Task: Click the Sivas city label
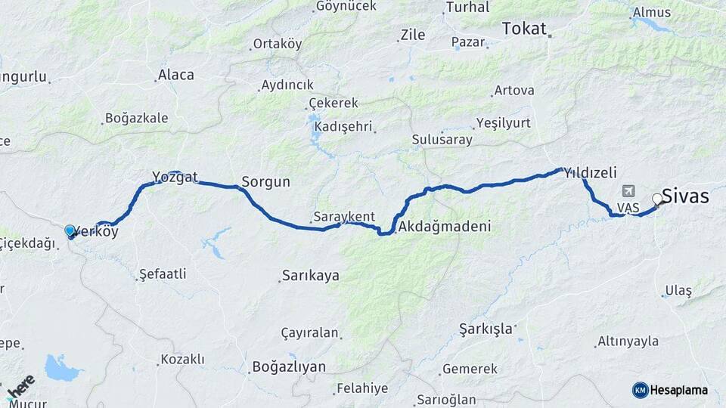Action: tap(686, 197)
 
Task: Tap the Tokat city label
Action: tap(523, 29)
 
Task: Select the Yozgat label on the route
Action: tap(175, 177)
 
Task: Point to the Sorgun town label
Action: tap(265, 182)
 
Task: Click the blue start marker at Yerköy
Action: tap(70, 230)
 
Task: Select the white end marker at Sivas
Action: tap(657, 199)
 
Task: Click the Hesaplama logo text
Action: tap(679, 390)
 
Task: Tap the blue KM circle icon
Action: tap(640, 390)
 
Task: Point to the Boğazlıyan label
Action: tap(288, 367)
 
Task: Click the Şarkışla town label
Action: tap(486, 329)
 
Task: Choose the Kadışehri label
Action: tap(345, 125)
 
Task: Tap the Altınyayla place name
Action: tap(628, 342)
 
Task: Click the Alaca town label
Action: tap(175, 75)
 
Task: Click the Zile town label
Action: tap(413, 35)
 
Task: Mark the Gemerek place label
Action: tap(470, 369)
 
